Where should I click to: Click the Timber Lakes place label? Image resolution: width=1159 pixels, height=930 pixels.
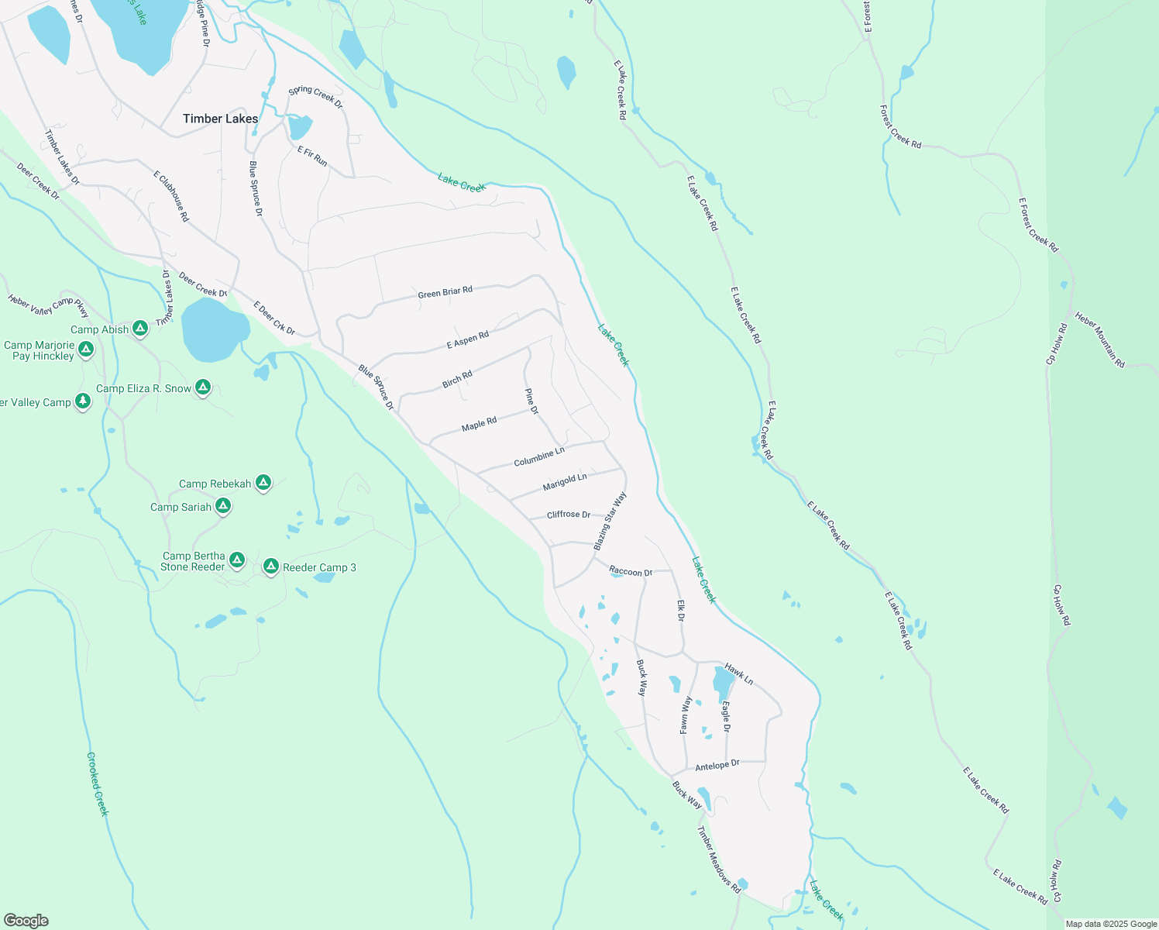pyautogui.click(x=220, y=119)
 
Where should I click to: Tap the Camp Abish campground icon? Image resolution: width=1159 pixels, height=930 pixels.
pyautogui.click(x=140, y=329)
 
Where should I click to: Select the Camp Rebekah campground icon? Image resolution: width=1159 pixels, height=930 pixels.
pyautogui.click(x=263, y=484)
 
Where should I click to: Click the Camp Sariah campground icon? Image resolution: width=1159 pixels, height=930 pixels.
pyautogui.click(x=223, y=507)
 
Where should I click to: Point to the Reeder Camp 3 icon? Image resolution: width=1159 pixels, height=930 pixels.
pyautogui.click(x=271, y=567)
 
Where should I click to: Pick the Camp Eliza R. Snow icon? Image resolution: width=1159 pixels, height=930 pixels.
pyautogui.click(x=203, y=387)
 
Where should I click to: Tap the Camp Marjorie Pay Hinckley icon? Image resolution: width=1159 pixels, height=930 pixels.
pyautogui.click(x=86, y=350)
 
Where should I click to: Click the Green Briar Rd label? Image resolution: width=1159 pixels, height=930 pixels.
pyautogui.click(x=445, y=292)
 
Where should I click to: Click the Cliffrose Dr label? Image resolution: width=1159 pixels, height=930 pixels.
pyautogui.click(x=569, y=515)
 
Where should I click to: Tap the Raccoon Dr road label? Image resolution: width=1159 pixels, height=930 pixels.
pyautogui.click(x=631, y=572)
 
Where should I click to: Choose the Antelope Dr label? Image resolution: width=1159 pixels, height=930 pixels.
pyautogui.click(x=717, y=766)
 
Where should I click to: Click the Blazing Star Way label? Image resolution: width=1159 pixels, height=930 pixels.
pyautogui.click(x=610, y=521)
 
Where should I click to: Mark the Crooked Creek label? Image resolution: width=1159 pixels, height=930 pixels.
pyautogui.click(x=97, y=784)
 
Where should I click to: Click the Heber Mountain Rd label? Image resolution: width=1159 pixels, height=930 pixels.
pyautogui.click(x=1100, y=339)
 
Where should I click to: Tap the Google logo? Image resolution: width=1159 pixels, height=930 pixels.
pyautogui.click(x=26, y=920)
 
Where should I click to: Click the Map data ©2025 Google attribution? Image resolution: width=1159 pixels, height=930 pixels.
pyautogui.click(x=1111, y=924)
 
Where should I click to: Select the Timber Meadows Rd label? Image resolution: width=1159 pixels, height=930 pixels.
pyautogui.click(x=719, y=860)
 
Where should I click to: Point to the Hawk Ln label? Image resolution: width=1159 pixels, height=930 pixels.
pyautogui.click(x=738, y=674)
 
